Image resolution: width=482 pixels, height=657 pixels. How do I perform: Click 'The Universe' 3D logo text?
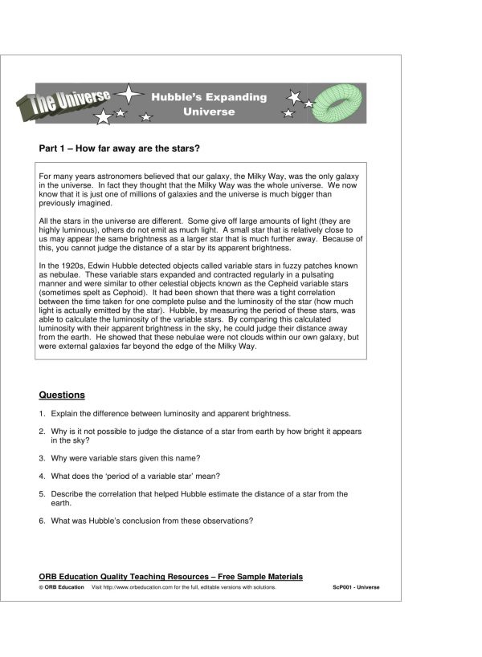click(x=70, y=101)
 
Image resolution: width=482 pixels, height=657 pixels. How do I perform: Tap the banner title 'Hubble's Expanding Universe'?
click(x=209, y=104)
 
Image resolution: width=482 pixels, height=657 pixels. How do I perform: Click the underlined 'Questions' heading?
click(x=62, y=395)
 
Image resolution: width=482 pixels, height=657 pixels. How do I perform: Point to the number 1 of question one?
click(x=41, y=414)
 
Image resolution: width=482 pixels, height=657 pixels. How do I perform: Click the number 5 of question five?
click(x=41, y=494)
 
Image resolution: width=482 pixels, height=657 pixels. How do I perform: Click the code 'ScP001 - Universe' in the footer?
click(x=356, y=587)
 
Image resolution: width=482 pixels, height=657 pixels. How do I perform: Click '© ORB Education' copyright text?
click(x=61, y=587)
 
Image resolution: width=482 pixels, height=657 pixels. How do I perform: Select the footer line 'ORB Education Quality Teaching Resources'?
click(x=170, y=577)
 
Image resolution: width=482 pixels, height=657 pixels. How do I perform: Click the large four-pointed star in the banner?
click(x=129, y=94)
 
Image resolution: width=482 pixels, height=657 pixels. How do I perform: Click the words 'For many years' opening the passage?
click(x=65, y=176)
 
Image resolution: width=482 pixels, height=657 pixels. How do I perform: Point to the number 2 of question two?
click(x=41, y=432)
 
